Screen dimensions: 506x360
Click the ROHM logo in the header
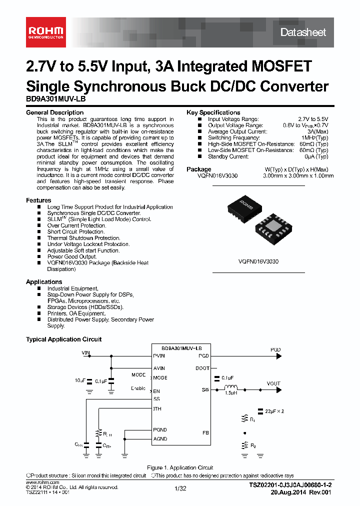pos(45,32)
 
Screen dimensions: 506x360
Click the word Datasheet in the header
pos(303,32)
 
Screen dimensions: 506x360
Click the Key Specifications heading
pos(213,112)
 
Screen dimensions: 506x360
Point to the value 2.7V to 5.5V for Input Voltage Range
pos(313,119)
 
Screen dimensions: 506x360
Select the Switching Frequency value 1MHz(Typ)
pos(314,137)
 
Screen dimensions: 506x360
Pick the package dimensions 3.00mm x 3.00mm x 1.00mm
pos(298,176)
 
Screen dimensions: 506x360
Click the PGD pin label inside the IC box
pos(203,356)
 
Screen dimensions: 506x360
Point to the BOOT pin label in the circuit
pos(202,368)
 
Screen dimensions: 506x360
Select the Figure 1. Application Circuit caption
pos(179,467)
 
